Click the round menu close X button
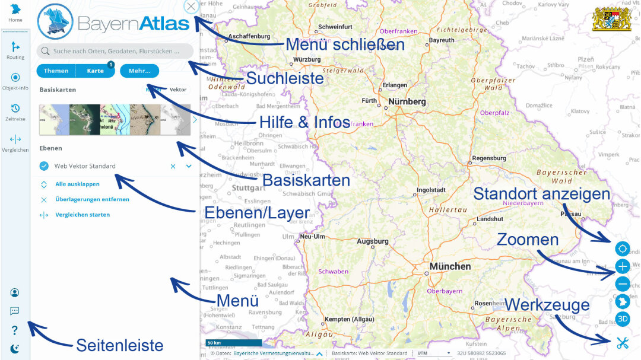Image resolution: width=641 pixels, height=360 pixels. click(191, 7)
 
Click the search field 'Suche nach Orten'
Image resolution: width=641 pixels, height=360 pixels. click(115, 51)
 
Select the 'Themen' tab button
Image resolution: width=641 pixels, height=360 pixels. click(56, 71)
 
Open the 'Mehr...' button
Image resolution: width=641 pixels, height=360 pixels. click(139, 71)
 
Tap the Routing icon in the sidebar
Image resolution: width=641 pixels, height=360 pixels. click(15, 47)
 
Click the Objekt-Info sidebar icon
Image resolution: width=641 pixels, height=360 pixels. click(15, 78)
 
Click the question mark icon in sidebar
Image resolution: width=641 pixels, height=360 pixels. click(15, 330)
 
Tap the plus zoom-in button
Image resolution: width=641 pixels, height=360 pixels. click(622, 266)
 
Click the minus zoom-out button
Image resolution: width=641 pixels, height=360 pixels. click(622, 284)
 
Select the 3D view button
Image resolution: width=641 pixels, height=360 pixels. click(622, 319)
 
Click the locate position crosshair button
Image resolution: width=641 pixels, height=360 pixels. click(622, 249)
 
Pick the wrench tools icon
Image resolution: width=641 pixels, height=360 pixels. click(622, 342)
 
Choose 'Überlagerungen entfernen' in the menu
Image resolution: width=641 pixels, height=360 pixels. click(92, 199)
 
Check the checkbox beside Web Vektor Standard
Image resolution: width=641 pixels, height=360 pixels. click(44, 166)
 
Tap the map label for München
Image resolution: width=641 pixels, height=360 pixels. click(450, 266)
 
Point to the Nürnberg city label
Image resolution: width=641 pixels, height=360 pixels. click(407, 101)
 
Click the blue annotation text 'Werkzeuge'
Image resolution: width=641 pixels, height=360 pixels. click(547, 305)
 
